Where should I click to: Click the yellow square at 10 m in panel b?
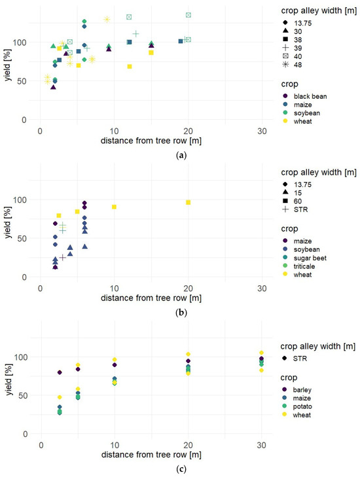click(x=115, y=207)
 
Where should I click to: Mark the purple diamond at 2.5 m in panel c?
click(x=60, y=372)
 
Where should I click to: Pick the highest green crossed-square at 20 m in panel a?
click(x=189, y=15)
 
